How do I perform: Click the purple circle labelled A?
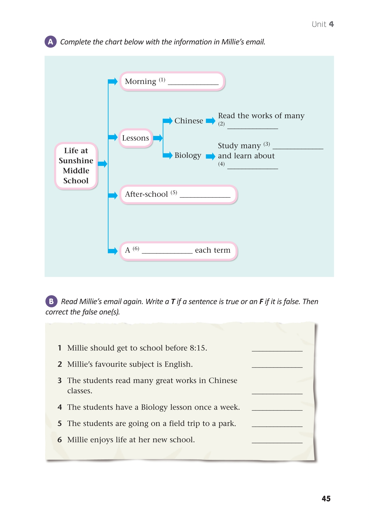(x=50, y=42)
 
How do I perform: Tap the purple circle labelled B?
(x=51, y=301)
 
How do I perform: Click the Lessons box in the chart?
(x=135, y=138)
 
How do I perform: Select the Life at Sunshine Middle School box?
(x=76, y=166)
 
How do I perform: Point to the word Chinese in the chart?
(x=189, y=121)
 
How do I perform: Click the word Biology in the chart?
(x=188, y=155)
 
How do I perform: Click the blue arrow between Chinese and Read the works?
(x=211, y=121)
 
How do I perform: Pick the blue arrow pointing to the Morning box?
(x=113, y=81)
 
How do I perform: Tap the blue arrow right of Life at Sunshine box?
(x=102, y=163)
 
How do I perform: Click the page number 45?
(x=326, y=498)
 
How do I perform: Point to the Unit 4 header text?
(x=323, y=24)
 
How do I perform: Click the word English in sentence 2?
(x=178, y=364)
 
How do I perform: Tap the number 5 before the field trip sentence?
(x=60, y=423)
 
